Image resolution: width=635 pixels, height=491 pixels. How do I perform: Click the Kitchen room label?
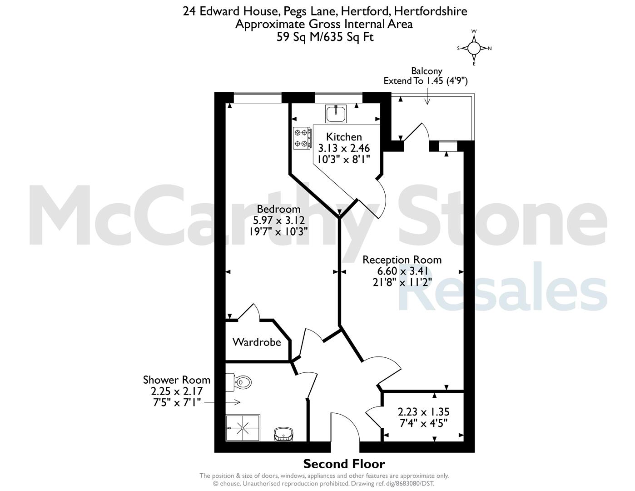[344, 137]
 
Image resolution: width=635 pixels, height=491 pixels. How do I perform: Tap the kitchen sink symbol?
[336, 114]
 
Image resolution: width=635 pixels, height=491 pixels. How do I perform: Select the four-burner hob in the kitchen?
[302, 138]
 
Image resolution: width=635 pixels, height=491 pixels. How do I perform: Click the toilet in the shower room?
[239, 382]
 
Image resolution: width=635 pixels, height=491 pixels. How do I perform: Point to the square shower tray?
[243, 427]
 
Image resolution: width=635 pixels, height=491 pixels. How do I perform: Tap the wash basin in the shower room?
[283, 434]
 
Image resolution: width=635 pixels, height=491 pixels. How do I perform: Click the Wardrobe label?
[257, 342]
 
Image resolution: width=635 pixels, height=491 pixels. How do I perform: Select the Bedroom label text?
[278, 209]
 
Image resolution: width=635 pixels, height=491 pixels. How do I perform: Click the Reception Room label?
[402, 260]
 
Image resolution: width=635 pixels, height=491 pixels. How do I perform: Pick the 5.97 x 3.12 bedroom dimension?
[278, 220]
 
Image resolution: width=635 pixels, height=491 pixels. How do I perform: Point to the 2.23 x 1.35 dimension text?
[423, 412]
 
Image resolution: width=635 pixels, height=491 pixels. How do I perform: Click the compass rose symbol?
[474, 48]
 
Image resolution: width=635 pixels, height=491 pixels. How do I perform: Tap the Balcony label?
[427, 71]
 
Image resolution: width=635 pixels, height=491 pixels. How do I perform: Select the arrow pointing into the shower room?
[222, 402]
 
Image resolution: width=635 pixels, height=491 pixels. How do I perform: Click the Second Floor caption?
[344, 464]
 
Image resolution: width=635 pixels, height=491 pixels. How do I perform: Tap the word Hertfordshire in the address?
[431, 11]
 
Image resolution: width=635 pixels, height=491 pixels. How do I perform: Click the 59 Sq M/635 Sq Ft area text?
[325, 37]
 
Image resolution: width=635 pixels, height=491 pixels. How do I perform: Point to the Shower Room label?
[177, 380]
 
